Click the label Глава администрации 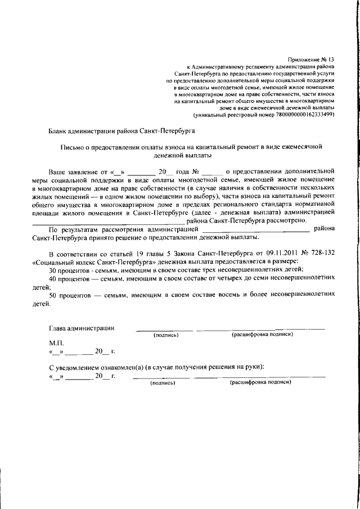point(82,328)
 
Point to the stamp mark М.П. point(57,343)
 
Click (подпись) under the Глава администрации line point(166,335)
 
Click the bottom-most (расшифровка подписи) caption point(260,382)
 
